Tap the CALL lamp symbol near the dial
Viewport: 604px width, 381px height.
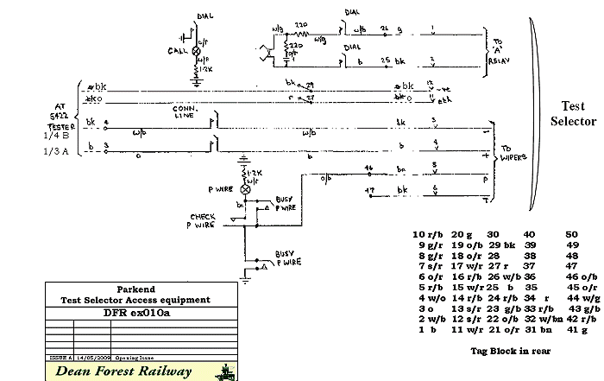click(195, 52)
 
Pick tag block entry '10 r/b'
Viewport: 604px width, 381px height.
click(428, 234)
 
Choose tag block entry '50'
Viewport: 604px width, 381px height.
click(572, 234)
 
